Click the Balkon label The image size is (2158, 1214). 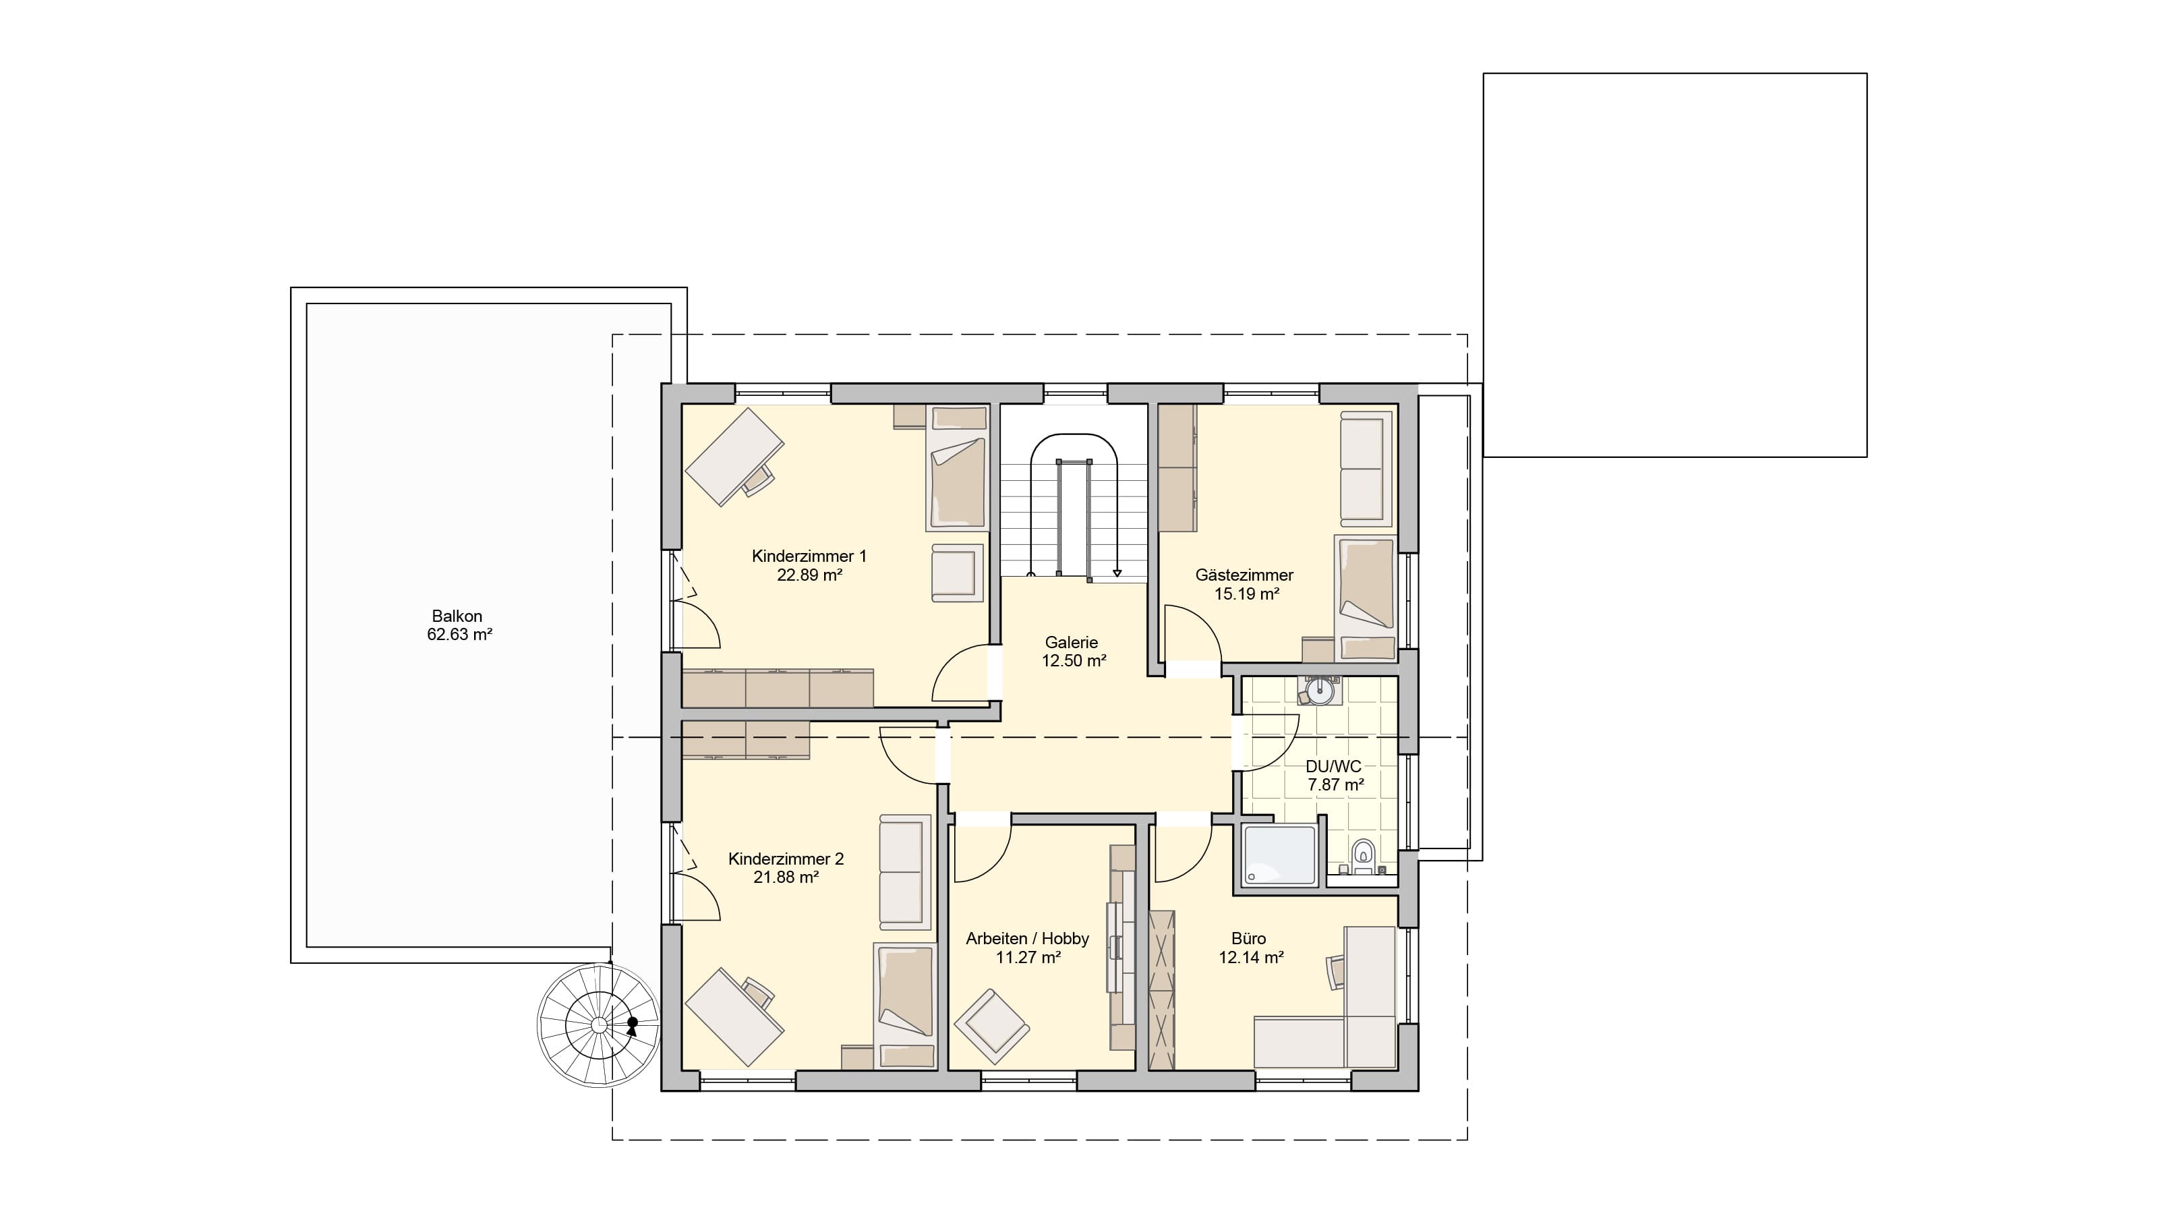(457, 616)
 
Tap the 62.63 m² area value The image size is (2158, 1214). (459, 635)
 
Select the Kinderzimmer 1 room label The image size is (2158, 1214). (809, 556)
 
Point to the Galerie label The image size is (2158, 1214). (1072, 643)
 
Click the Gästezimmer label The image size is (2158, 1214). (1244, 575)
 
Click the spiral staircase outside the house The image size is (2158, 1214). (599, 1025)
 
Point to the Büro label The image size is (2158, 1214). (1248, 938)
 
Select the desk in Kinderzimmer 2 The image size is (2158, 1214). (734, 1017)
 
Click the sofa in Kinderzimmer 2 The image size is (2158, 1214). (905, 871)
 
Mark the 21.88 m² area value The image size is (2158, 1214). (786, 878)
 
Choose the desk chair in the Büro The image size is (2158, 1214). (1335, 972)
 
